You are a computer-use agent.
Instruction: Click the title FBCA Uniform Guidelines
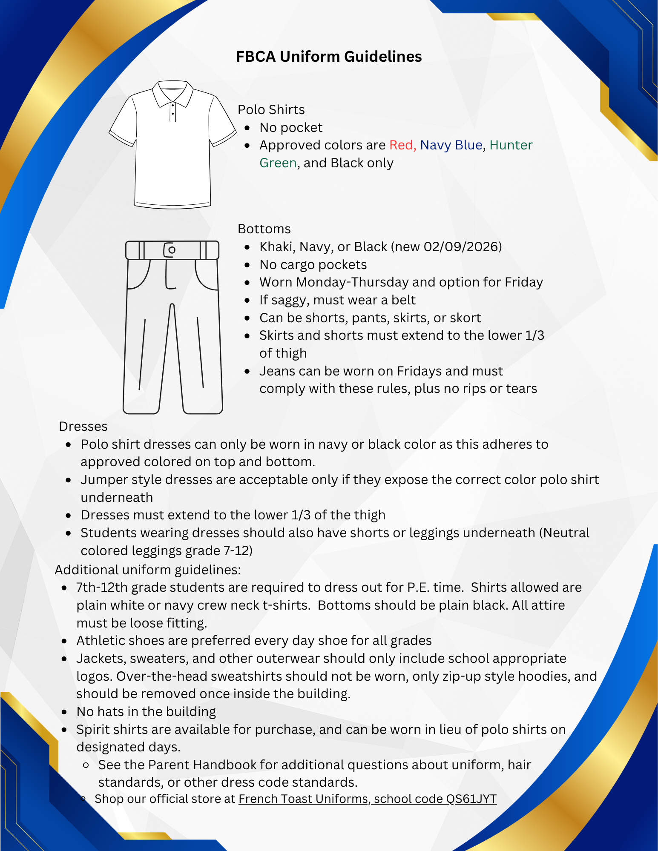click(x=329, y=57)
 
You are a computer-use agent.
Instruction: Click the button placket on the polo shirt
click(x=172, y=112)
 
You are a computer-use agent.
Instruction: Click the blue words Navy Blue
click(x=451, y=145)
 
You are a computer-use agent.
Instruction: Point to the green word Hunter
click(x=511, y=145)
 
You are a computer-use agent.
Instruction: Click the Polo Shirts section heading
click(x=271, y=110)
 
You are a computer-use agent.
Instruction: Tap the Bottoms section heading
click(x=264, y=229)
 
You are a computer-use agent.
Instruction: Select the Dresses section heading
click(x=83, y=427)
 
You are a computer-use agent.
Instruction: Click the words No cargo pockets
click(x=313, y=265)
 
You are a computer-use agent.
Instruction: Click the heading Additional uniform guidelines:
click(x=148, y=570)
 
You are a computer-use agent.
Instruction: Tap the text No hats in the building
click(x=146, y=712)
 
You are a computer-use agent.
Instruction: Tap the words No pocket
click(x=291, y=128)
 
